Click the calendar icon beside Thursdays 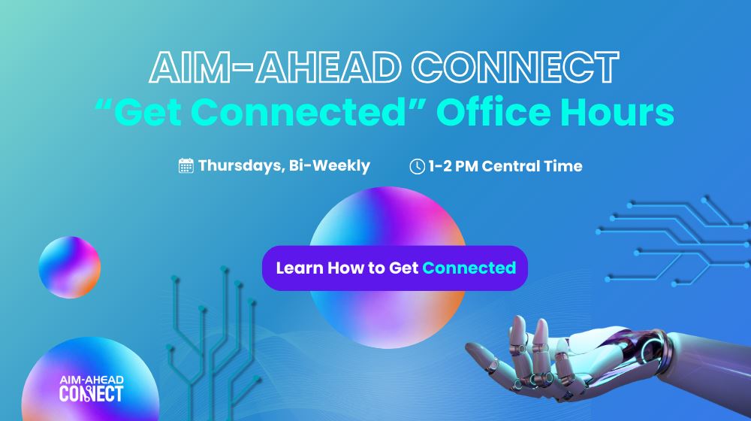tap(185, 166)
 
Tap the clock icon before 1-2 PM tap(417, 166)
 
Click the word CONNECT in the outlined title tap(516, 67)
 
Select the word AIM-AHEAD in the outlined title tap(275, 67)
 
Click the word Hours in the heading tap(618, 112)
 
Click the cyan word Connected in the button tap(469, 268)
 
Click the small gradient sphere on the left tap(69, 267)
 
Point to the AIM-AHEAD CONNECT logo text tap(91, 389)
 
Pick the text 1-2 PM tap(453, 166)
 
